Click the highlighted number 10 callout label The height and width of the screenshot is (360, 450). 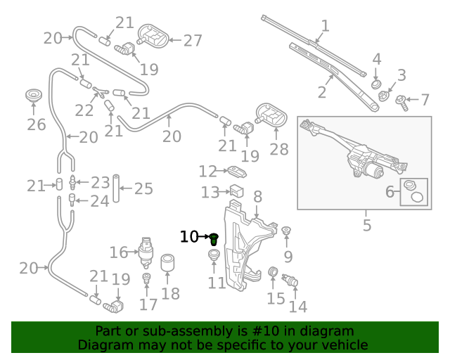tap(189, 237)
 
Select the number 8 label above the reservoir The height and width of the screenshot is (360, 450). tap(257, 197)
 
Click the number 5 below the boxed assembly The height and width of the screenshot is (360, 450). tap(366, 226)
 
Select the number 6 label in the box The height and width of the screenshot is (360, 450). tap(390, 191)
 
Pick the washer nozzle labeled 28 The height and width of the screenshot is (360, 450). tap(271, 115)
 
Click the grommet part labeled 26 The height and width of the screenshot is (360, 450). tap(32, 96)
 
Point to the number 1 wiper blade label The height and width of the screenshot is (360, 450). tap(325, 27)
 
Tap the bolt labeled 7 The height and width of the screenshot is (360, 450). tap(402, 101)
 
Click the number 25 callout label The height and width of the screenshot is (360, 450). tap(143, 188)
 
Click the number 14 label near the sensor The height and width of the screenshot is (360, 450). tap(298, 307)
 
